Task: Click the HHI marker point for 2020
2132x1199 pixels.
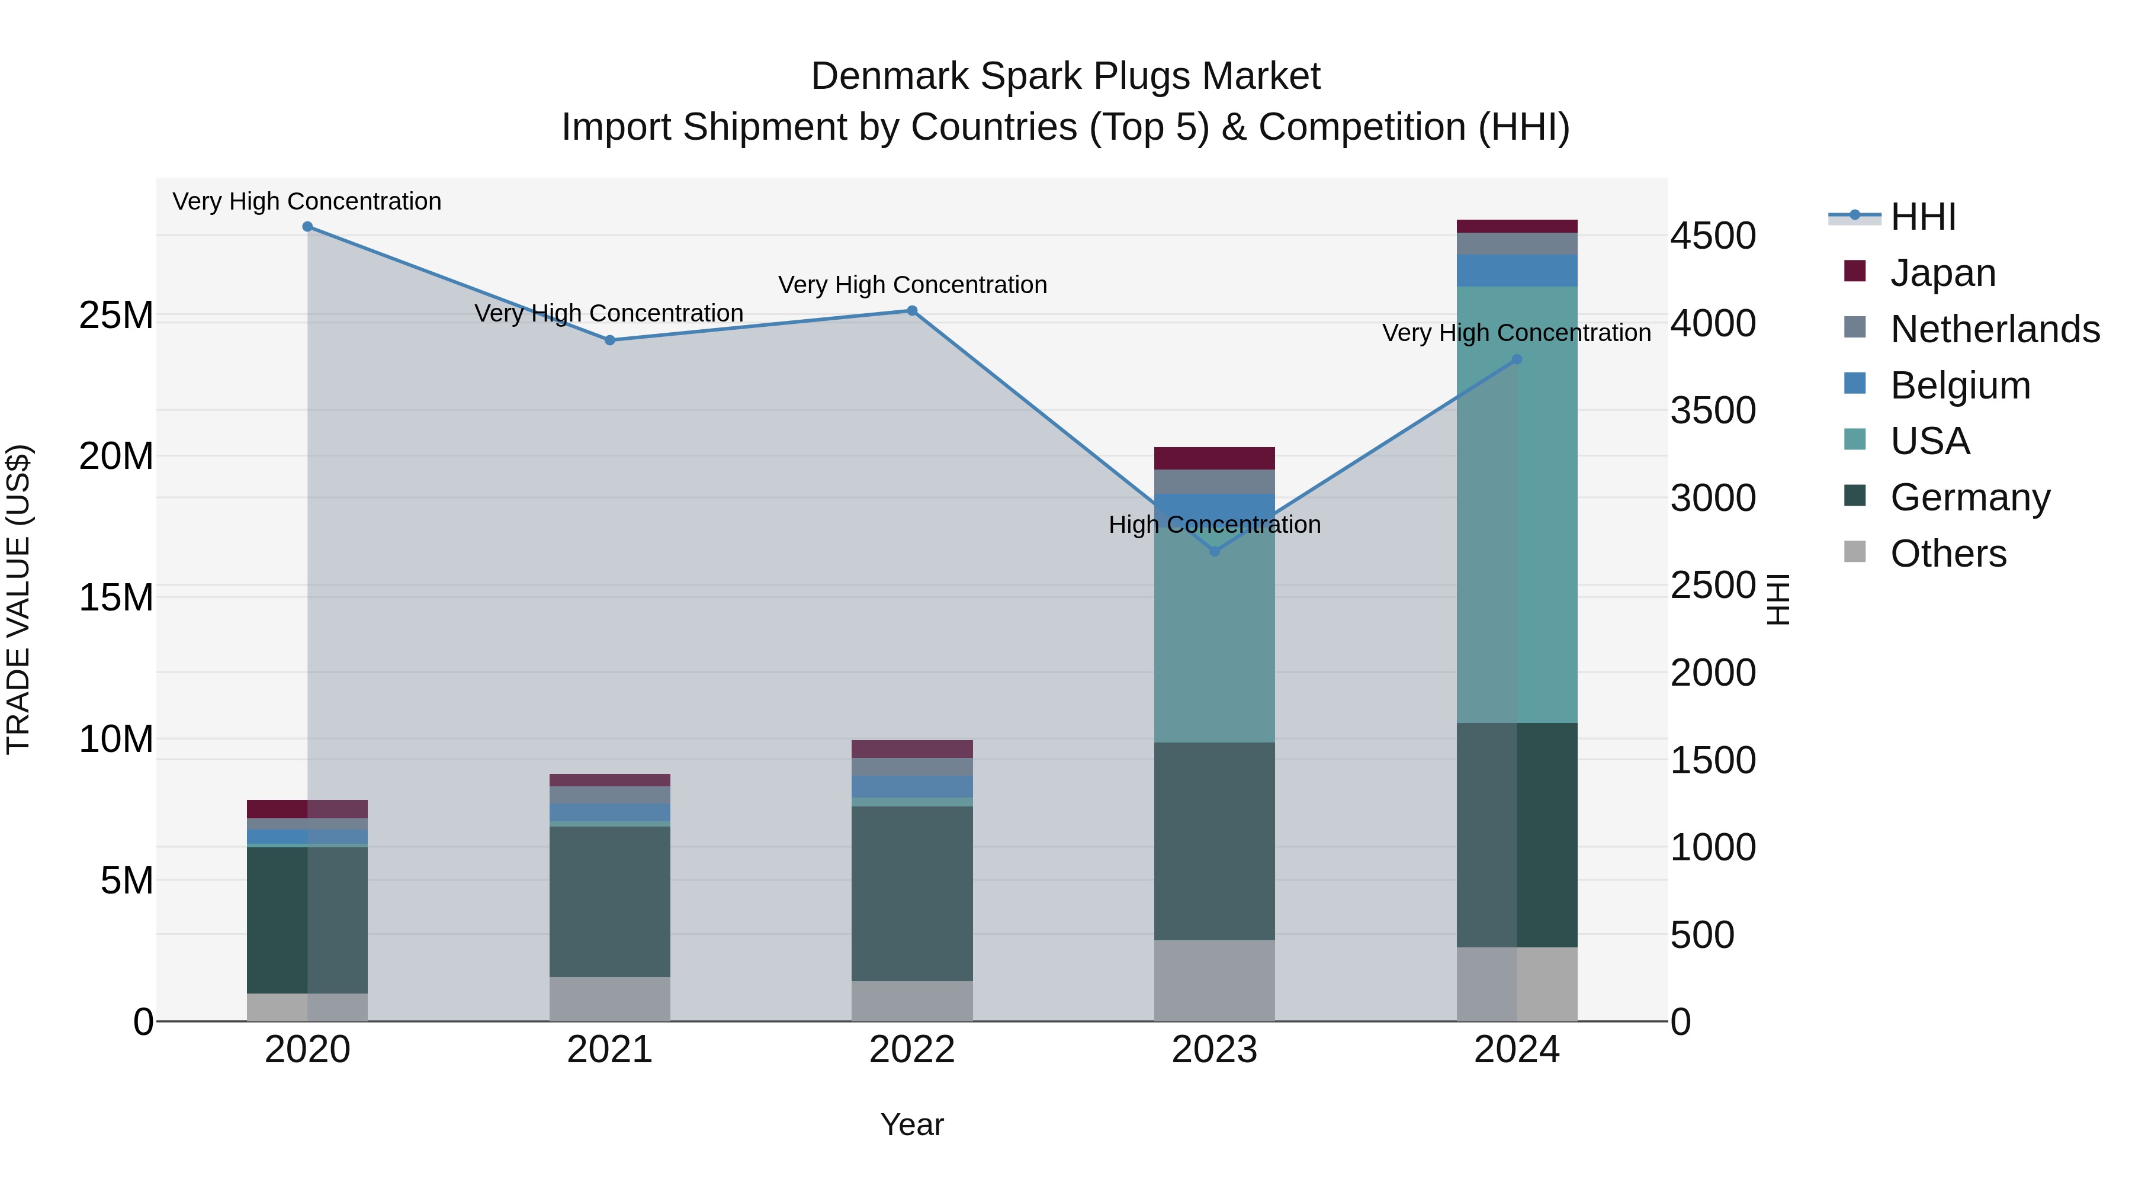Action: tap(307, 227)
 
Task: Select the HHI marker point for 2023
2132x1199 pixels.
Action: tap(1214, 551)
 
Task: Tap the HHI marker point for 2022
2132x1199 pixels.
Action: tap(912, 311)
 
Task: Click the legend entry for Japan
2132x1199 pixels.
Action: tap(1942, 272)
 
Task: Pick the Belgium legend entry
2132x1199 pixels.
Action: tap(1960, 385)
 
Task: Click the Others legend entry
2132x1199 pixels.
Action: tap(1947, 553)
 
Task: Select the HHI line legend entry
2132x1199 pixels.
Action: tap(1922, 216)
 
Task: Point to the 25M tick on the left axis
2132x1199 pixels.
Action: tap(116, 315)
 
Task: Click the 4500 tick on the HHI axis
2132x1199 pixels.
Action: tap(1712, 236)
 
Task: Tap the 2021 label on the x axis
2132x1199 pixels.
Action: tap(609, 1050)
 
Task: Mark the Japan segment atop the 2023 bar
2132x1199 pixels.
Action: tap(1214, 458)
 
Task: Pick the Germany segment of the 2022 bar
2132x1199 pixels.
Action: tap(912, 893)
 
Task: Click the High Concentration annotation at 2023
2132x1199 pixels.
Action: tap(1214, 525)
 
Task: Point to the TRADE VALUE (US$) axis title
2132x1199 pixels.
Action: tap(18, 599)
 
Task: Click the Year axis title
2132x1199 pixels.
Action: tap(912, 1124)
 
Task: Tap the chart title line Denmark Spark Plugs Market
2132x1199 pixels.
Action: tap(1065, 76)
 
